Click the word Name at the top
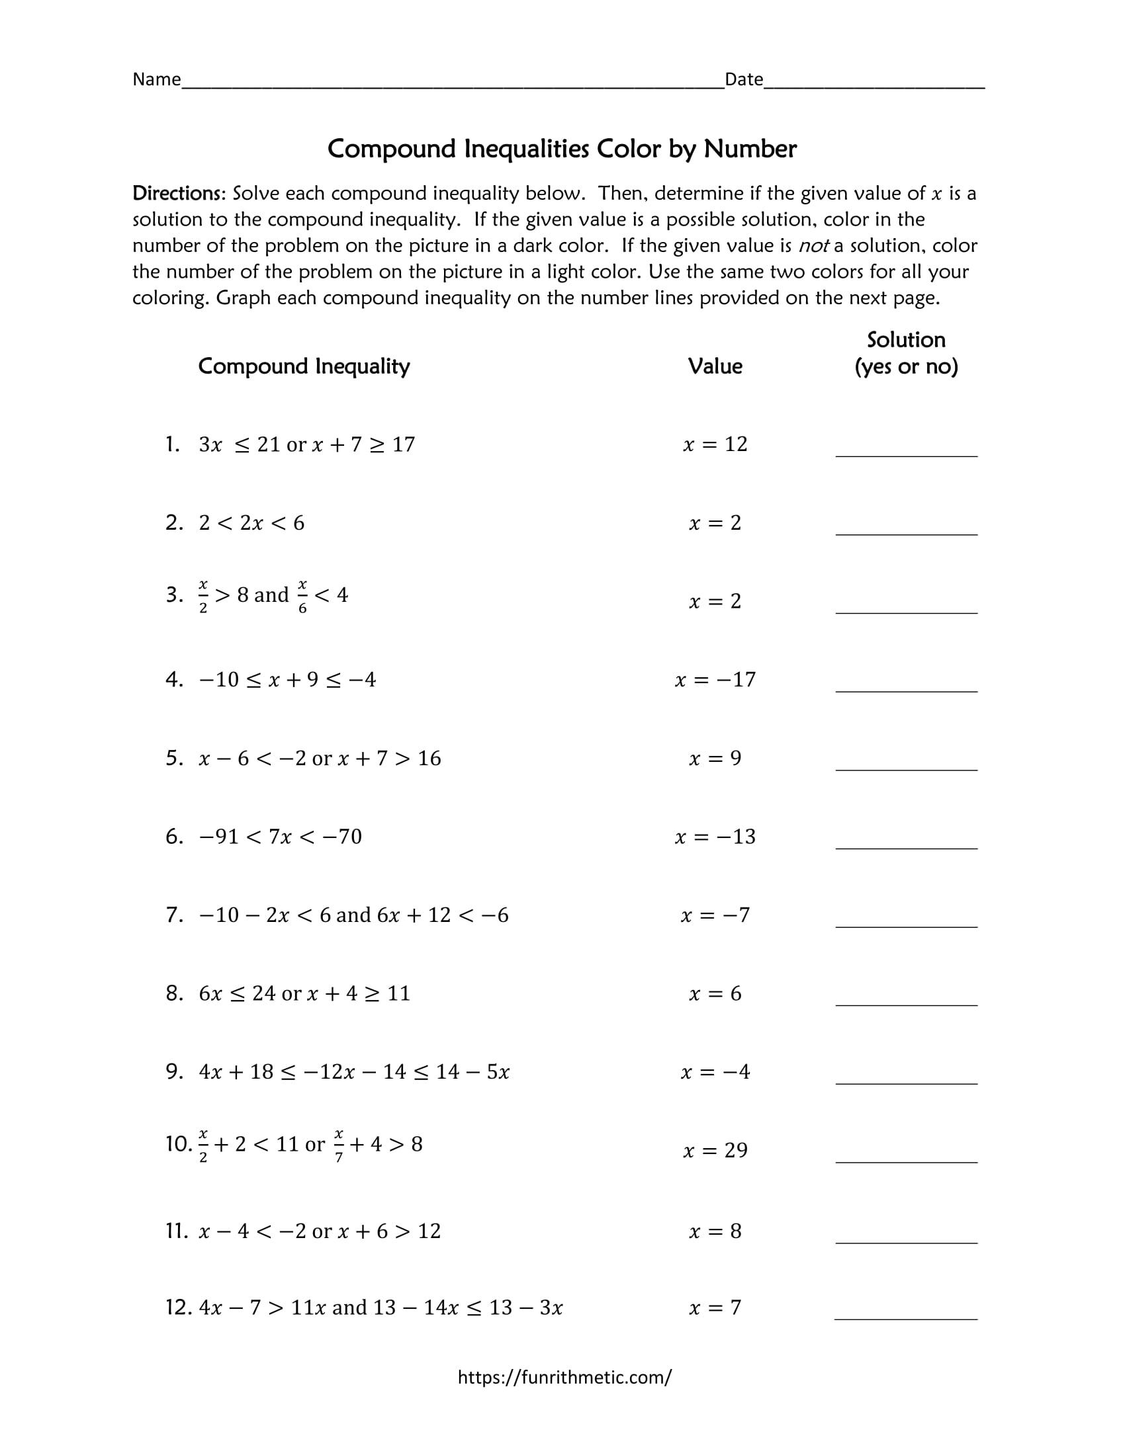coord(157,79)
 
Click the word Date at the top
coord(743,79)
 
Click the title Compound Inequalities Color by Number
coord(562,149)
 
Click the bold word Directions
coord(179,193)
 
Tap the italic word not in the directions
coord(813,246)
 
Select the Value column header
coord(715,366)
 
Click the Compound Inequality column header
coord(304,366)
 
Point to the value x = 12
coord(715,444)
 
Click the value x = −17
coord(715,679)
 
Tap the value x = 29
coord(715,1151)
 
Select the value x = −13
coord(715,837)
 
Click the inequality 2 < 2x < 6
coord(251,523)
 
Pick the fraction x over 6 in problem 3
coord(302,597)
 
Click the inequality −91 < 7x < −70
coord(280,837)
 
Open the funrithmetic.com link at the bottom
coord(564,1377)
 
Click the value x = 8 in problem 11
coord(715,1231)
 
